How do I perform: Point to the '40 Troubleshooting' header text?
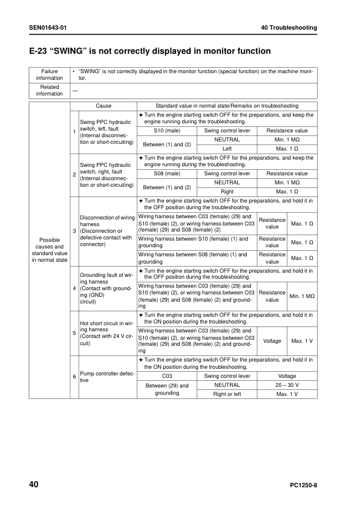coord(289,28)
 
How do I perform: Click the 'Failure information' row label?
coord(49,75)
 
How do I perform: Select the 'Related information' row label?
coord(49,90)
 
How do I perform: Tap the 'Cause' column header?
coord(103,106)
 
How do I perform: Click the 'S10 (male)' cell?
coord(167,131)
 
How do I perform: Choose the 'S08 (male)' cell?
coord(167,173)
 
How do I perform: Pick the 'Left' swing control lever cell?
coord(227,148)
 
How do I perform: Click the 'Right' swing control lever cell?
coord(227,191)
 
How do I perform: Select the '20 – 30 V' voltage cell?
coord(287,384)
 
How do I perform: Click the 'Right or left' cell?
coord(227,394)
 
